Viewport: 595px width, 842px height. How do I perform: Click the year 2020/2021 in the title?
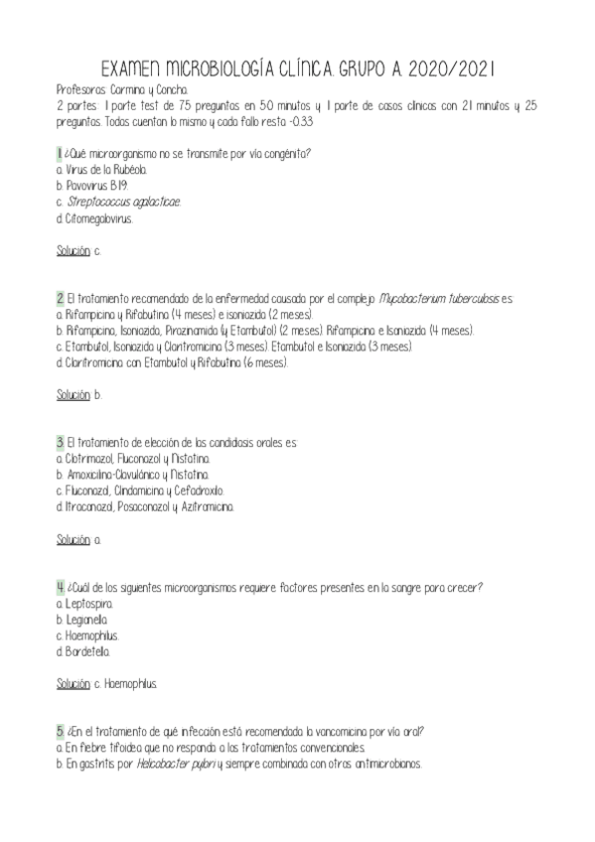(445, 69)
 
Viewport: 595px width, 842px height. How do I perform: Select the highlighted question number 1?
(60, 153)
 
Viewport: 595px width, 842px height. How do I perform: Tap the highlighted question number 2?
(61, 298)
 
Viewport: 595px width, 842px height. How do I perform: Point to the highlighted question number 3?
(61, 442)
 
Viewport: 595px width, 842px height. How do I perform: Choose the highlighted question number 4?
(61, 587)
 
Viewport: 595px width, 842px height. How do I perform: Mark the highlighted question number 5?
(61, 732)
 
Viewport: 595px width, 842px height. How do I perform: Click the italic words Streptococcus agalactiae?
(124, 202)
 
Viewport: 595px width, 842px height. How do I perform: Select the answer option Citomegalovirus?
(97, 217)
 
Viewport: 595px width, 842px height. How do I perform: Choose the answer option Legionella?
(88, 620)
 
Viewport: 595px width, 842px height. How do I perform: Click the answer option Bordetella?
(87, 651)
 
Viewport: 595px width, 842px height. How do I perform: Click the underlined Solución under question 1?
(73, 250)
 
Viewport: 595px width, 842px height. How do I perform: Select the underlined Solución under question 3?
(73, 539)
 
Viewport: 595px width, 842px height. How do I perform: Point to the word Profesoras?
(81, 89)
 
